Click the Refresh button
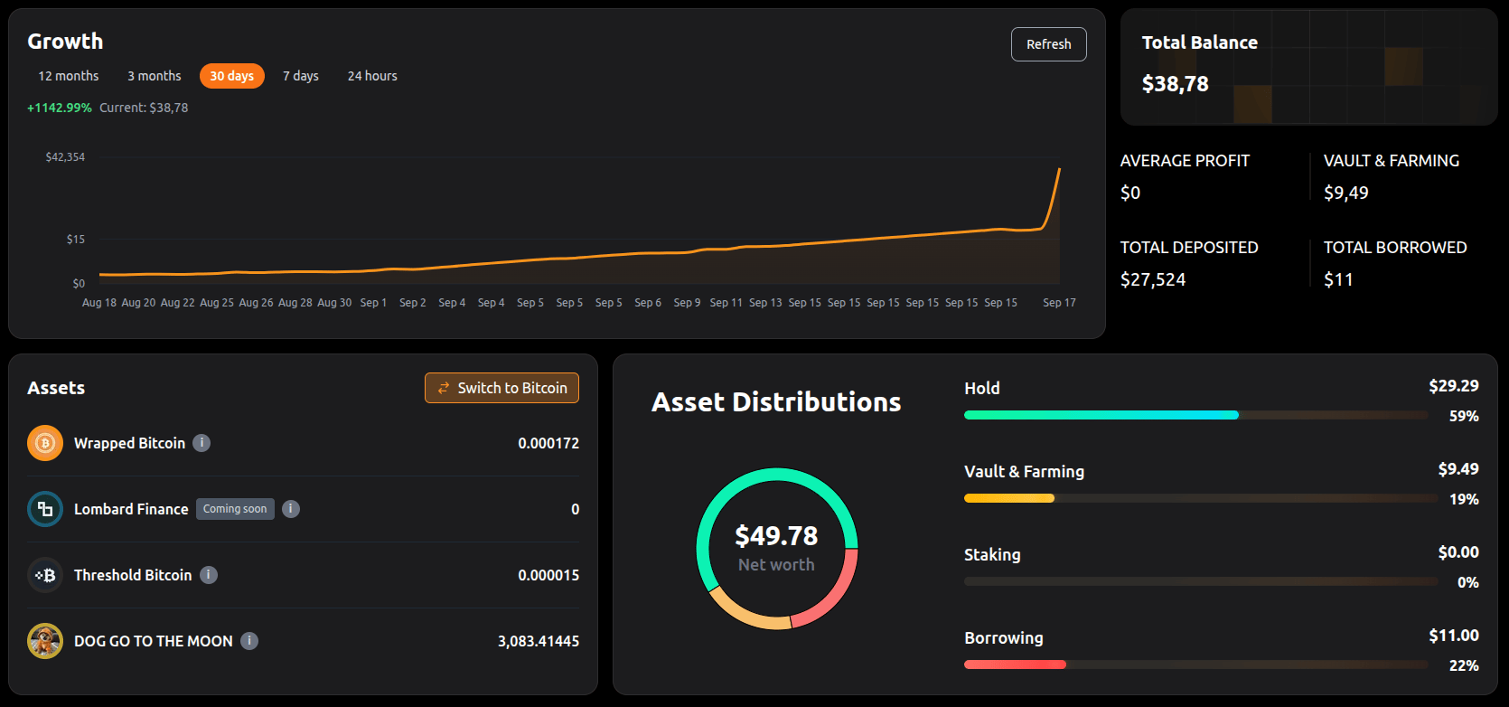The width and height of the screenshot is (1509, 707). [x=1048, y=44]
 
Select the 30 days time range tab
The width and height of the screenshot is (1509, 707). [x=231, y=76]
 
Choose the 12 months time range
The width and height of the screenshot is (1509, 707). [x=68, y=76]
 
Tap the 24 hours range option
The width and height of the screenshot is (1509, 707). [x=372, y=76]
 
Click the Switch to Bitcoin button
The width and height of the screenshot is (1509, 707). [x=501, y=388]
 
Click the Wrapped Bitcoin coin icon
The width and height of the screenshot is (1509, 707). [x=45, y=443]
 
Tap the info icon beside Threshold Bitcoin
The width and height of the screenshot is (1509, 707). [x=209, y=575]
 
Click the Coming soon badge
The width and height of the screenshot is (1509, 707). [x=235, y=509]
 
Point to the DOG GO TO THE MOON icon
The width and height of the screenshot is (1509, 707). [x=45, y=641]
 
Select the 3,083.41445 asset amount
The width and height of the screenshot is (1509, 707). [x=539, y=641]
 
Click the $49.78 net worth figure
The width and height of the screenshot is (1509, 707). [x=776, y=536]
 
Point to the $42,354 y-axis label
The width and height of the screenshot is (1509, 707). [x=65, y=157]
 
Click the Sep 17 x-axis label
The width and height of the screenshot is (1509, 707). [x=1059, y=303]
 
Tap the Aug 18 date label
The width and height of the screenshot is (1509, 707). [x=99, y=303]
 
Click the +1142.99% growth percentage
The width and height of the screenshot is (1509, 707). [x=60, y=108]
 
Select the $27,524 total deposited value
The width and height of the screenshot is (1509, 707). [x=1153, y=279]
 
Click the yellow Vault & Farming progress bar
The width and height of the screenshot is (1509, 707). [x=1009, y=498]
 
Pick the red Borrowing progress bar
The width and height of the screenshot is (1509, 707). [x=1016, y=665]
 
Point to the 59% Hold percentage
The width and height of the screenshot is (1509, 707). [x=1464, y=417]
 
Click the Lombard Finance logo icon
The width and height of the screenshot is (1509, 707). [x=45, y=509]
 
